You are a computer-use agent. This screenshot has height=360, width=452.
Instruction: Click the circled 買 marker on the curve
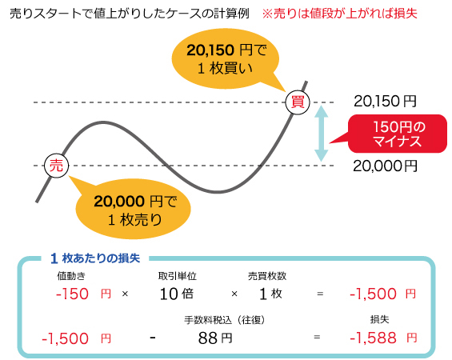point(298,102)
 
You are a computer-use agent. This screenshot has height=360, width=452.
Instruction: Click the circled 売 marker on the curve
point(56,165)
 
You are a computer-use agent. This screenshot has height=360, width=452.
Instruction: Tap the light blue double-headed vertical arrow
point(322,134)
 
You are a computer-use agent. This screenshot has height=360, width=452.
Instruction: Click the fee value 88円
point(215,338)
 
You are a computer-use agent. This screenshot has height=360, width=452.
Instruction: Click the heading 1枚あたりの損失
point(95,258)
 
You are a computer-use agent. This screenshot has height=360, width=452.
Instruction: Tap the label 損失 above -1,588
point(380,319)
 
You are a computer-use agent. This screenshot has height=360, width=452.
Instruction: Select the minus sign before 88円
point(151,338)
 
